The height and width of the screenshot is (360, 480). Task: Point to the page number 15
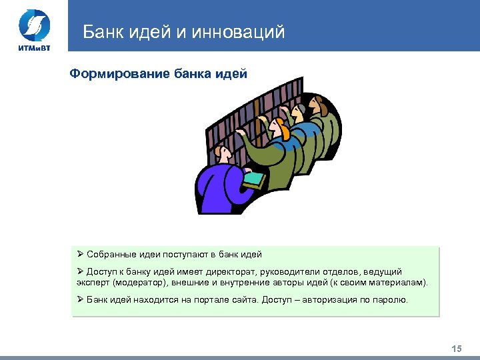[x=457, y=349]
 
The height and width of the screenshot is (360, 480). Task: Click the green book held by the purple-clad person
[x=255, y=178]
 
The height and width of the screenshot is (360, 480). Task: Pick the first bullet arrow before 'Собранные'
[x=80, y=254]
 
